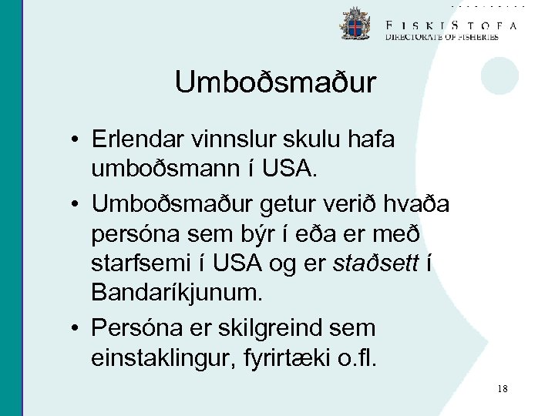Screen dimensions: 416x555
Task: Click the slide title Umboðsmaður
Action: (275, 82)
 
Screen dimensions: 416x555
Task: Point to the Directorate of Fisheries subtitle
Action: (441, 36)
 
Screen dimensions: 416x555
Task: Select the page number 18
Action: (503, 389)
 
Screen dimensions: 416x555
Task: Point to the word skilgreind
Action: (284, 328)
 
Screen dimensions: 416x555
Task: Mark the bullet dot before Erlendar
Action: (79, 141)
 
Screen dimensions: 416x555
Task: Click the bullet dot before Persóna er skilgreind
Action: (79, 329)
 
